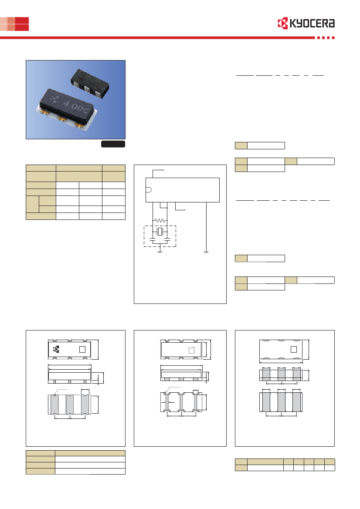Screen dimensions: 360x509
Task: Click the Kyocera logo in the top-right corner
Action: point(306,24)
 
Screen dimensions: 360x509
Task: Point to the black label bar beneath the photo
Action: point(113,144)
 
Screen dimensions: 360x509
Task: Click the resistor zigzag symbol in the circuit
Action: point(160,220)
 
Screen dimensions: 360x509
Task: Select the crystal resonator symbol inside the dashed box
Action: point(160,232)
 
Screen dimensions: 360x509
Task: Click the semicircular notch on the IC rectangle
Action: point(149,190)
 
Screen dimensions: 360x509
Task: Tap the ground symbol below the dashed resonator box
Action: point(160,252)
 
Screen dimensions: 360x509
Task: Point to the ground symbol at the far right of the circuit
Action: point(206,252)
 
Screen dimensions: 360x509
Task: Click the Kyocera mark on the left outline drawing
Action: point(56,349)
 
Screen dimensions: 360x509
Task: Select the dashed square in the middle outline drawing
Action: point(191,350)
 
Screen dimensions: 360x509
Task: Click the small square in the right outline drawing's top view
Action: point(294,349)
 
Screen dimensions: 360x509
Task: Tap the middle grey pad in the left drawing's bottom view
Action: point(70,405)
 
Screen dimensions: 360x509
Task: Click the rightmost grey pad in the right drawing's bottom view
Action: point(297,402)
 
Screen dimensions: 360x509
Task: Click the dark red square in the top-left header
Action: point(22,24)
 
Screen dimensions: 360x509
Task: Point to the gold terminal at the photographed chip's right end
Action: point(79,125)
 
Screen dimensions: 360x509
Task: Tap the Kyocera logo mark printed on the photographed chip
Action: point(54,99)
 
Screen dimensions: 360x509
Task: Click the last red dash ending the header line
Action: point(333,37)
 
